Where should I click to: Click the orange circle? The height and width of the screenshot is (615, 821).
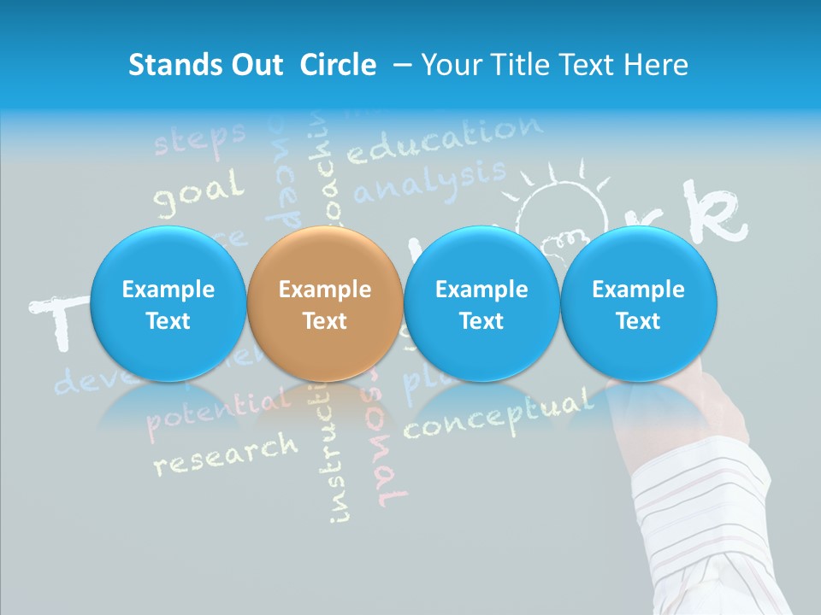pyautogui.click(x=324, y=304)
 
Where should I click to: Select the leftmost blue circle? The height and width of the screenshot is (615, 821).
pyautogui.click(x=168, y=304)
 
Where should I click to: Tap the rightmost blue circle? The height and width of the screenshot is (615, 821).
pyautogui.click(x=638, y=304)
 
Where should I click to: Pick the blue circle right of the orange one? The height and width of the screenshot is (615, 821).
pyautogui.click(x=481, y=304)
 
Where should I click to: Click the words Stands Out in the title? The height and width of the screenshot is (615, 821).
pyautogui.click(x=205, y=65)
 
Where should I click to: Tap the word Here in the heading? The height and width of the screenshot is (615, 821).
pyautogui.click(x=658, y=65)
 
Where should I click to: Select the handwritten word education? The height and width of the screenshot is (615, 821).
pyautogui.click(x=445, y=141)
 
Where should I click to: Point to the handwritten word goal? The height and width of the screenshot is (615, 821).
pyautogui.click(x=198, y=192)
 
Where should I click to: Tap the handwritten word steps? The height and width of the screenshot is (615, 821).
pyautogui.click(x=199, y=139)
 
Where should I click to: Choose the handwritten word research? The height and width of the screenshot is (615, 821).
pyautogui.click(x=225, y=453)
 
